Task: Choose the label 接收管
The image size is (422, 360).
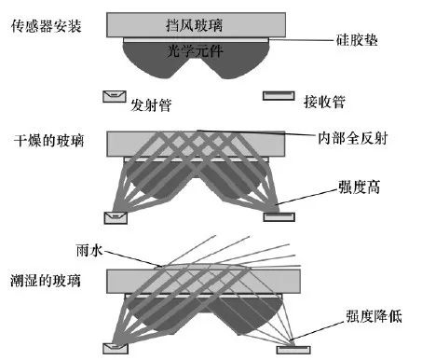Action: (x=323, y=96)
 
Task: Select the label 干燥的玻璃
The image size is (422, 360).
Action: (x=47, y=142)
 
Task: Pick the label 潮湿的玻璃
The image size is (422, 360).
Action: (x=47, y=281)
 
